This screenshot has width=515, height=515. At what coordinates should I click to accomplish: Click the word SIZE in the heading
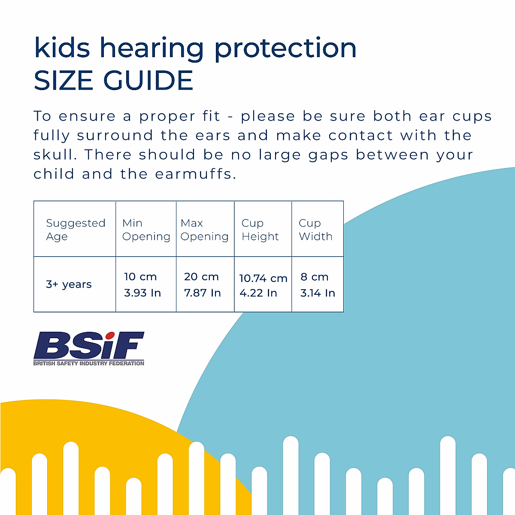(x=64, y=81)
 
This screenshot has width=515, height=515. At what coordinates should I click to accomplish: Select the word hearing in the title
(x=152, y=48)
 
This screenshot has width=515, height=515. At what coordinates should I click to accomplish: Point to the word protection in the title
(x=285, y=48)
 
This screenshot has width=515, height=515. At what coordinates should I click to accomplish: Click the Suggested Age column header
(x=75, y=230)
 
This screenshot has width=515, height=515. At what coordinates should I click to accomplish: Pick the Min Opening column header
(x=146, y=230)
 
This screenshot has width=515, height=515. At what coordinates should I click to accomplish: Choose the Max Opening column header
(x=204, y=230)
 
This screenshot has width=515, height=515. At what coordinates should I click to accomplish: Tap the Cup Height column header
(x=260, y=230)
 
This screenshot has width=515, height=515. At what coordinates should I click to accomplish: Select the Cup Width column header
(x=315, y=230)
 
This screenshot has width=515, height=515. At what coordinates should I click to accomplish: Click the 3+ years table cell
(x=69, y=285)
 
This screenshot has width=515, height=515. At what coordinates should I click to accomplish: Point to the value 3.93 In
(x=142, y=293)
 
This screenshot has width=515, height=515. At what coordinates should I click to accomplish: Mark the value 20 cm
(x=201, y=277)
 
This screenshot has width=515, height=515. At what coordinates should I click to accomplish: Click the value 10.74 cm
(x=263, y=278)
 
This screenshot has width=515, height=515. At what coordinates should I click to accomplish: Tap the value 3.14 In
(x=318, y=293)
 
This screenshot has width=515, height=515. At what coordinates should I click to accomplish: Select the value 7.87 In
(x=202, y=293)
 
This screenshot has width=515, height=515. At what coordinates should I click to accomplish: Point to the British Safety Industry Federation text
(x=89, y=364)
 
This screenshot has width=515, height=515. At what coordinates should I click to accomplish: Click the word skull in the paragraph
(x=55, y=154)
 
